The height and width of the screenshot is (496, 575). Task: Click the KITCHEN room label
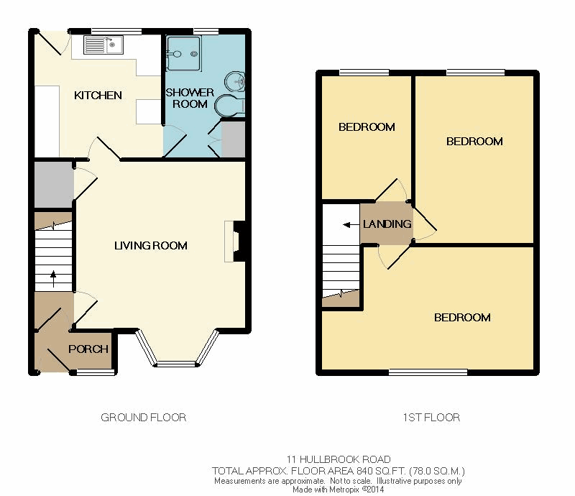pos(98,96)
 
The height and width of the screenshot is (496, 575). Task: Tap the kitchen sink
pos(103,45)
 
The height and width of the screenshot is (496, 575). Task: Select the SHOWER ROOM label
pos(190,98)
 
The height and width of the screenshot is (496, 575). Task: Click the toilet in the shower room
pos(229,106)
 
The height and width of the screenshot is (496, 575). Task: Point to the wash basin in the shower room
pos(235,82)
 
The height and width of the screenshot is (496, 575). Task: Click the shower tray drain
pos(193,55)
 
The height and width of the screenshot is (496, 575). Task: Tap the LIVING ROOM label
pos(151,245)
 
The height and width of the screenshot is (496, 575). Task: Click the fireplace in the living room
pos(235,242)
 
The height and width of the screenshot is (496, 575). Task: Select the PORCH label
pos(88,349)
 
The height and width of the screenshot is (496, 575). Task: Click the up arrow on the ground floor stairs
pos(53,279)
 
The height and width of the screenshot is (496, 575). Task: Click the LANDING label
pos(387,224)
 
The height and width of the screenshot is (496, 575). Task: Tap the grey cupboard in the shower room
pos(233,139)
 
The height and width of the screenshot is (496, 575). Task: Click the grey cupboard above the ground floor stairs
pos(54,185)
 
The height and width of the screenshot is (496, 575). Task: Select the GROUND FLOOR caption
pos(143,418)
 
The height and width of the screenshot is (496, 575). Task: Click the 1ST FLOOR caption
pos(431,418)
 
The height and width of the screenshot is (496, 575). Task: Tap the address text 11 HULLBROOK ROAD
pos(339,459)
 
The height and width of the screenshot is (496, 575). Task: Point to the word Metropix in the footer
pos(344,490)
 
